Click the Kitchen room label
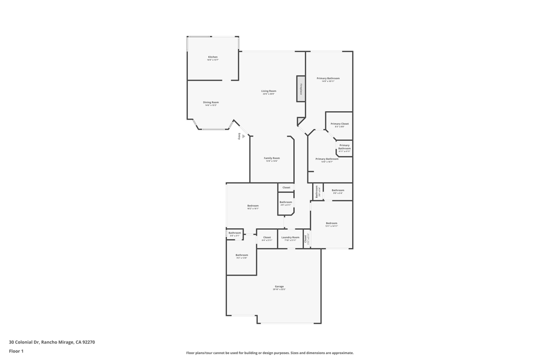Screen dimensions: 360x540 coord(213,57)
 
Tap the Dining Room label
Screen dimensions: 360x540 coord(211,102)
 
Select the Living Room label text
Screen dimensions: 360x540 coord(268,91)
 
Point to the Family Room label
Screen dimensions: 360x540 coord(272,158)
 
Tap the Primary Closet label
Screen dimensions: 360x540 coord(340,124)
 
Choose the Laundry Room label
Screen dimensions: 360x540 coord(290,237)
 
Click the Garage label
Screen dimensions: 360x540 coord(279,286)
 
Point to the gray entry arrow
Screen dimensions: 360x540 coord(244,136)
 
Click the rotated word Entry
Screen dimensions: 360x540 coord(239,136)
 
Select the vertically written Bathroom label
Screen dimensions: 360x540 coord(316,192)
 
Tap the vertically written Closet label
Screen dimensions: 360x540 coord(305,238)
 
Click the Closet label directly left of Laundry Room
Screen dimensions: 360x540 coord(267,237)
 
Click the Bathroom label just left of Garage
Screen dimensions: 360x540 coord(242,255)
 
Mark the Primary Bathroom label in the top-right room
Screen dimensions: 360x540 coord(328,79)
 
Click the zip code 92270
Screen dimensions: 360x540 coord(88,342)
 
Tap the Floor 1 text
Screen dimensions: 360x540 coord(16,351)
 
